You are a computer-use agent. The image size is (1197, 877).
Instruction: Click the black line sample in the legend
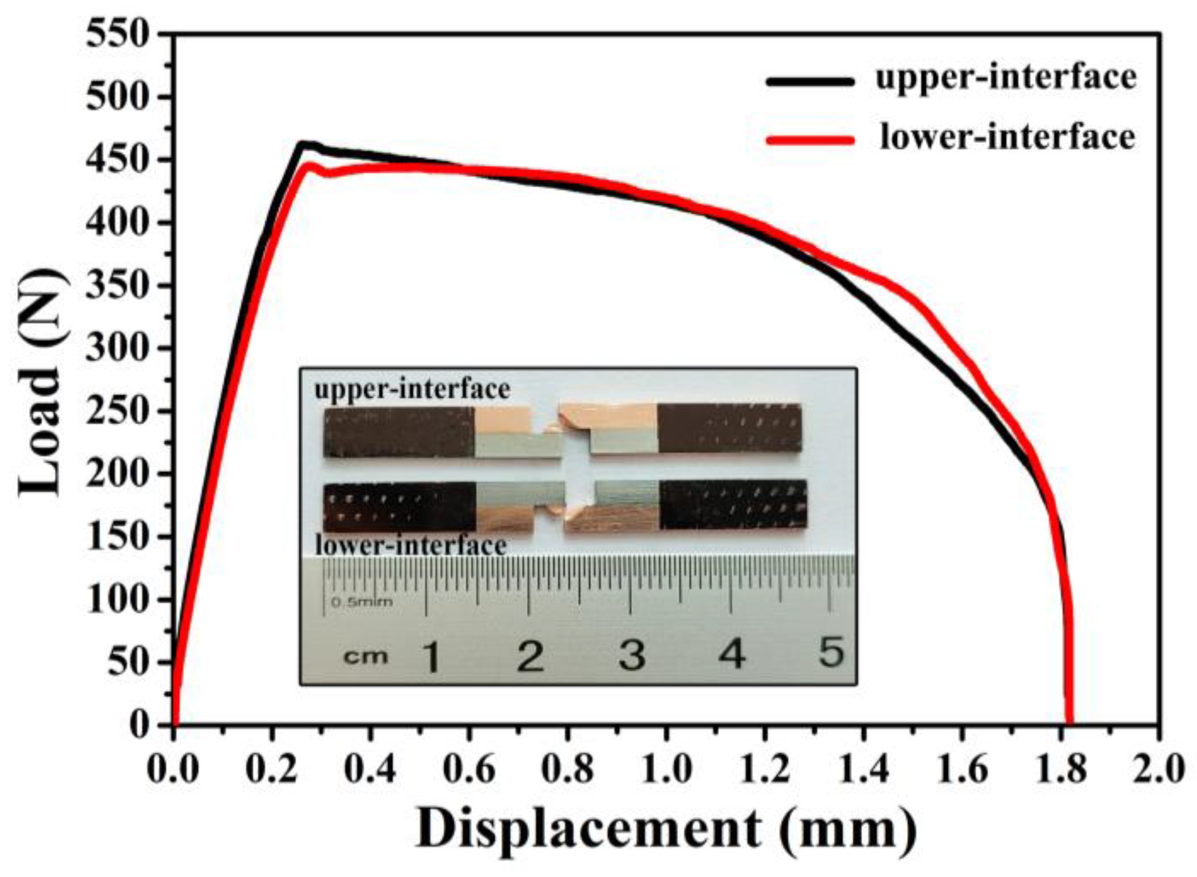point(810,81)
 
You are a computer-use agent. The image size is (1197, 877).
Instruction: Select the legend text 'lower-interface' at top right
point(1007,138)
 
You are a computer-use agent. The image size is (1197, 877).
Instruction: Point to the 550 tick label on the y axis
point(117,35)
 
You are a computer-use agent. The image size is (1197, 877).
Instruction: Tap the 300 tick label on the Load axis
point(117,348)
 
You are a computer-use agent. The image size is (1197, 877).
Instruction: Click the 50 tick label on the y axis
point(128,662)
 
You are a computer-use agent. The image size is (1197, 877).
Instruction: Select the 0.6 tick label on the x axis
point(468,770)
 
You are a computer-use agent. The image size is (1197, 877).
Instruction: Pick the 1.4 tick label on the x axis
point(863,770)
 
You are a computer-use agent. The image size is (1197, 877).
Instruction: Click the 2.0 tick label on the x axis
point(1158,770)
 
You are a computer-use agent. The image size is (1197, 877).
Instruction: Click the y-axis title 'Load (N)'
point(41,381)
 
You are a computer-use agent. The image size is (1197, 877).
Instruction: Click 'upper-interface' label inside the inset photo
point(412,390)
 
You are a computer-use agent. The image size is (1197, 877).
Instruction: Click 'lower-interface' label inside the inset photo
point(410,546)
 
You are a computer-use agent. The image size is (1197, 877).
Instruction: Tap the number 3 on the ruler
point(632,655)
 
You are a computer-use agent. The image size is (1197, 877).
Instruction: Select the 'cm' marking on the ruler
point(366,657)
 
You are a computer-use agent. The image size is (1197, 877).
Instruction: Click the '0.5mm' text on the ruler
point(362,601)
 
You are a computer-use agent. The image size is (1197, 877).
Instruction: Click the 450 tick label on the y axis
point(117,161)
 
